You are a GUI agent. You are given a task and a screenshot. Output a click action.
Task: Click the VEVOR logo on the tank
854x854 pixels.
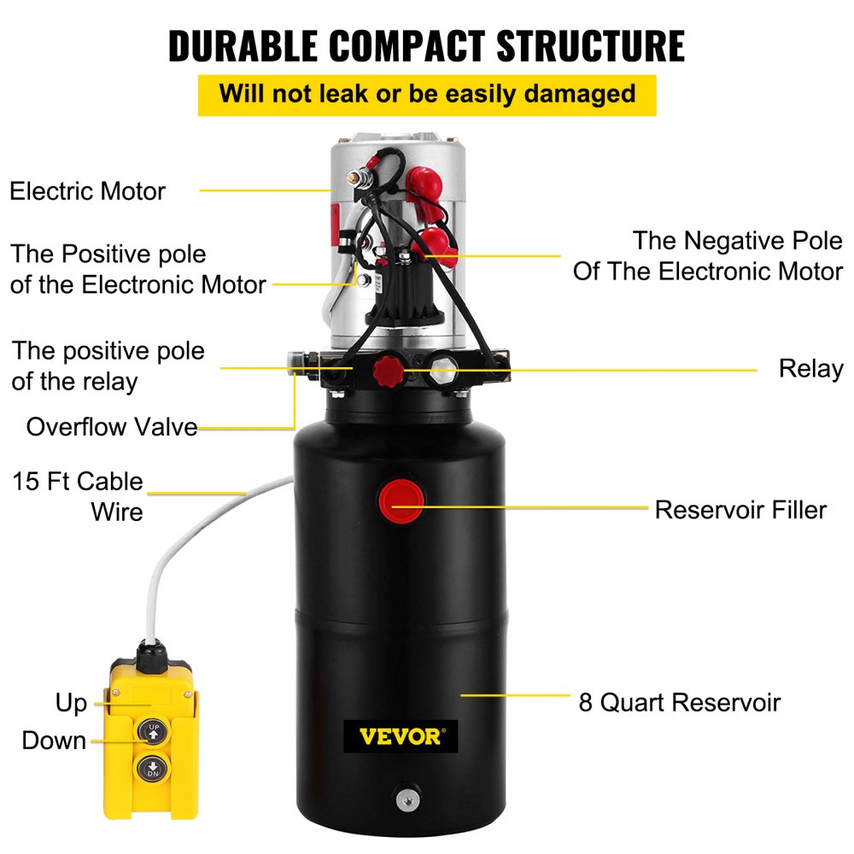(x=401, y=736)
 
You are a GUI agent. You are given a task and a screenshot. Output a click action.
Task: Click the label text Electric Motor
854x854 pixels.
(x=87, y=190)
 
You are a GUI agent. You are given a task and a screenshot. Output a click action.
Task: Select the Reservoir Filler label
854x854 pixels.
(x=740, y=510)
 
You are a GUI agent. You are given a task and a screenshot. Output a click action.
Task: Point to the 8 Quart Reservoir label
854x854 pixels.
(x=679, y=703)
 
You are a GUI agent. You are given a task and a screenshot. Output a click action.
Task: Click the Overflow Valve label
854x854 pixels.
(x=112, y=426)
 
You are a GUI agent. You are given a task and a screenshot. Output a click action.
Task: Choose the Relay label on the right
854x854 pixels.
(x=810, y=369)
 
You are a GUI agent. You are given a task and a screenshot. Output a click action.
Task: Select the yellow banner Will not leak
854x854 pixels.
(x=427, y=93)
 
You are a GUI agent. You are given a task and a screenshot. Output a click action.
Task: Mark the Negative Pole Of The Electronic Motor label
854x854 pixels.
(x=708, y=255)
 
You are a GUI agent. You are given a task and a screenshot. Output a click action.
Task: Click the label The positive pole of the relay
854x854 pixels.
(x=108, y=366)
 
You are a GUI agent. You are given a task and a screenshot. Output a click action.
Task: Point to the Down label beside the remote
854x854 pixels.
(x=54, y=740)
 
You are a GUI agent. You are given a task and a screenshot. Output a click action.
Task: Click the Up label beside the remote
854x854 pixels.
(x=72, y=703)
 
